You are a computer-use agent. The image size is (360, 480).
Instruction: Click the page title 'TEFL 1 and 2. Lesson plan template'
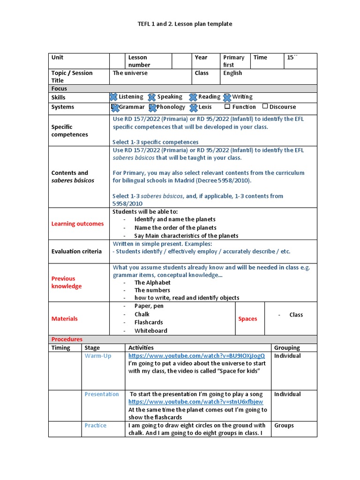click(x=180, y=23)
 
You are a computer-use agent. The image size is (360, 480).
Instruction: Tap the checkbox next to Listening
click(x=113, y=97)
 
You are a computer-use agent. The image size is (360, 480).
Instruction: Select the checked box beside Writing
click(x=227, y=97)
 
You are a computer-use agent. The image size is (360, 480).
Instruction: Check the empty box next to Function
click(x=227, y=106)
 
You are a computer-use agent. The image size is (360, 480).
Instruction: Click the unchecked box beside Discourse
click(x=265, y=106)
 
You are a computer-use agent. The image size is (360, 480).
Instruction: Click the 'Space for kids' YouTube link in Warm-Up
click(x=196, y=356)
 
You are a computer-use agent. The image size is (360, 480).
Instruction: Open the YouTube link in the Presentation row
click(x=195, y=402)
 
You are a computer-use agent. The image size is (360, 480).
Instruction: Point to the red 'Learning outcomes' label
click(x=77, y=224)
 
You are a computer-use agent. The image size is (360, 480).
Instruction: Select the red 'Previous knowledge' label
click(x=67, y=282)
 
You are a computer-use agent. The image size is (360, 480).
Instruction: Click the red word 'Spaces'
click(x=247, y=319)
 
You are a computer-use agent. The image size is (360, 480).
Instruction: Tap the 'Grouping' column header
click(x=287, y=348)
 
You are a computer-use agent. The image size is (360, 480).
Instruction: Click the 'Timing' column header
click(x=61, y=348)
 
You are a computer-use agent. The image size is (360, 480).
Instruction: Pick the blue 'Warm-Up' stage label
click(x=98, y=356)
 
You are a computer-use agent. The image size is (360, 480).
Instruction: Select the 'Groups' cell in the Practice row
click(x=284, y=425)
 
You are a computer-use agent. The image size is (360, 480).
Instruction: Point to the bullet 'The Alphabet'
click(x=152, y=283)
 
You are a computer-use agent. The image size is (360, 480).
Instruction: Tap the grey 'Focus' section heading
click(x=60, y=89)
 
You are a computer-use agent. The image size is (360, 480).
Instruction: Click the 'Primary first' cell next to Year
click(x=234, y=61)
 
